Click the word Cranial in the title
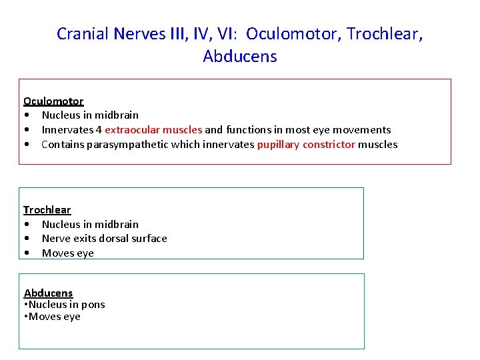pyautogui.click(x=81, y=33)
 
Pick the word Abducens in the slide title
pyautogui.click(x=240, y=56)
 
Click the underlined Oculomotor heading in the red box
pyautogui.click(x=53, y=101)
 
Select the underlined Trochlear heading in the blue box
pyautogui.click(x=47, y=209)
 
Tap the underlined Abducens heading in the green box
pyautogui.click(x=48, y=293)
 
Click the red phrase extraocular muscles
pyautogui.click(x=153, y=129)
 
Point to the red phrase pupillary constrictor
pyautogui.click(x=306, y=144)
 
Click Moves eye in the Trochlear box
pyautogui.click(x=68, y=253)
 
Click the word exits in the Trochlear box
pyautogui.click(x=83, y=238)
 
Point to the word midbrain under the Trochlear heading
pyautogui.click(x=116, y=224)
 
